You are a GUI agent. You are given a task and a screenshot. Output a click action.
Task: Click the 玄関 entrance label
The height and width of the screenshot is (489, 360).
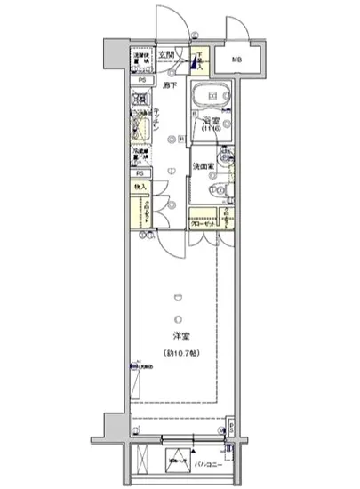[x=166, y=54]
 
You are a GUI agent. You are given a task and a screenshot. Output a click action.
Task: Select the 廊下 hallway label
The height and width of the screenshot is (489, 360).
[x=169, y=84]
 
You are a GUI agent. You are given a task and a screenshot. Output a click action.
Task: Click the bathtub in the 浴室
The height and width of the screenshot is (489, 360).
[x=210, y=94]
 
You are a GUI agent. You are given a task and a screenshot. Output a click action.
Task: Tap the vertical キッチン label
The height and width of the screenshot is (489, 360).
[x=156, y=121]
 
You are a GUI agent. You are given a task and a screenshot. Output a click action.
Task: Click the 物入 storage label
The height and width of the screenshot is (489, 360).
[x=140, y=188]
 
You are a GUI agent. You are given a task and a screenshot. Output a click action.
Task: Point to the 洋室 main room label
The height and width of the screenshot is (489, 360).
[x=180, y=335]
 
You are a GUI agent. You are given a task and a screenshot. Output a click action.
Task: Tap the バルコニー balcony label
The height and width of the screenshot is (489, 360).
[x=210, y=462]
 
